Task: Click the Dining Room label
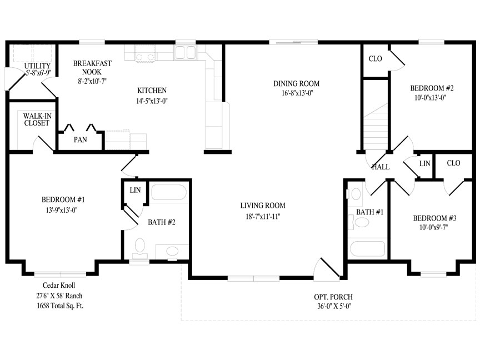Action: coord(296,83)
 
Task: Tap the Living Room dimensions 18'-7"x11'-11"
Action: coord(263,217)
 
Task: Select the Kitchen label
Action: coord(152,91)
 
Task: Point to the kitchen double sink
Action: coord(185,52)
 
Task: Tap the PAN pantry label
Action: coord(80,139)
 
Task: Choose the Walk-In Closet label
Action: coord(37,119)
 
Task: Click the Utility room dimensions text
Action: coord(38,73)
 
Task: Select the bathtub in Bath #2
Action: coord(169,193)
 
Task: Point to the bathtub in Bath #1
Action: coord(367,248)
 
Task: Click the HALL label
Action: coord(381,167)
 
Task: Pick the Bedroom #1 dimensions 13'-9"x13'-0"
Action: coord(62,210)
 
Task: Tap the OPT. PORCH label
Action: coord(333,297)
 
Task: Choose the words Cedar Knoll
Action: coord(59,286)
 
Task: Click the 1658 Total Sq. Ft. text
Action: coord(60,306)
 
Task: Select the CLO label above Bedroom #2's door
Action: coord(376,58)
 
